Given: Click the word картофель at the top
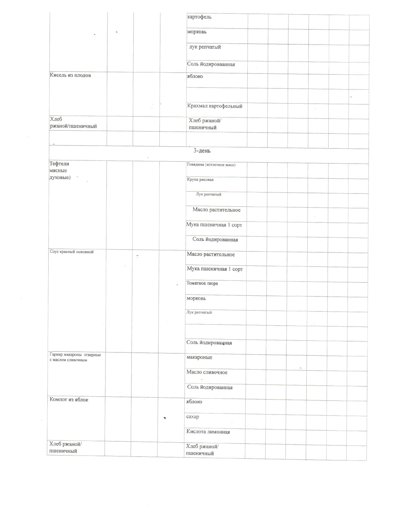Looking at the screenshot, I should click(x=199, y=17).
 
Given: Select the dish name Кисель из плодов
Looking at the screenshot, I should click(x=70, y=75).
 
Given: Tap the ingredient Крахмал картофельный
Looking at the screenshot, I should click(x=215, y=106).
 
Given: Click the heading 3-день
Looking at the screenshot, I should click(x=202, y=151).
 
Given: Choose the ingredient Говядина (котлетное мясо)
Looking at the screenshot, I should click(x=211, y=165).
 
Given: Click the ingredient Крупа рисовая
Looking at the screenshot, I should click(x=200, y=180).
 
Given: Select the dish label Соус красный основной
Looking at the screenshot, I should click(x=72, y=252).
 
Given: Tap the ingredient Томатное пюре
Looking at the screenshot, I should click(x=202, y=284).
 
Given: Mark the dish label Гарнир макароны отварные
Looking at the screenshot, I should click(x=75, y=355).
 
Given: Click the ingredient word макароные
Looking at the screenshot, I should click(x=199, y=358).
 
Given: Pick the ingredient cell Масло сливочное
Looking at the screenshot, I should click(x=207, y=372).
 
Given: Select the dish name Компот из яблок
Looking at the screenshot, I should click(x=69, y=400).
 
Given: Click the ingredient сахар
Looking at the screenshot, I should click(x=192, y=417).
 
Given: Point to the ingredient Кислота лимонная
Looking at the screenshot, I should click(x=208, y=432).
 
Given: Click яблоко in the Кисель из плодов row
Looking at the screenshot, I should click(x=195, y=76).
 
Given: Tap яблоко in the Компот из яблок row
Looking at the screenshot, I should click(x=194, y=402).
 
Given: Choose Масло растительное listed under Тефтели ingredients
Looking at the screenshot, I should click(x=216, y=210).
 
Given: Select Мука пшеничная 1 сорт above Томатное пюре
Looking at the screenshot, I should click(x=215, y=269).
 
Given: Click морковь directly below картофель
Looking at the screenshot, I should click(x=196, y=32).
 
